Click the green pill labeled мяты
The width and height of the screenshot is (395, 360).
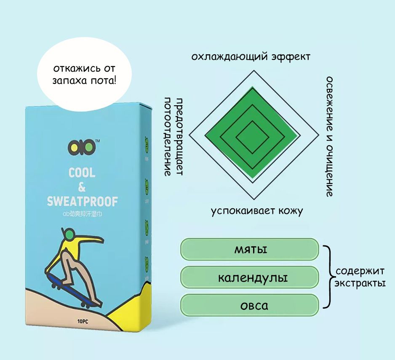tap(249, 249)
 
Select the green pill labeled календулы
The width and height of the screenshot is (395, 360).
tap(249, 277)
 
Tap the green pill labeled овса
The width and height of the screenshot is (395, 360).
tap(249, 305)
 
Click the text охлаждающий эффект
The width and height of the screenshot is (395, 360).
tap(251, 56)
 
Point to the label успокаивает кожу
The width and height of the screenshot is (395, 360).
tap(257, 211)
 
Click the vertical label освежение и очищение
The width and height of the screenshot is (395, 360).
tap(329, 137)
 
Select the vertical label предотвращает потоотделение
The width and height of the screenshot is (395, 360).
tap(173, 137)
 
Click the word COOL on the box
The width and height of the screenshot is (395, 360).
tap(82, 172)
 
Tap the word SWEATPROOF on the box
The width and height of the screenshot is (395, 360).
tap(82, 201)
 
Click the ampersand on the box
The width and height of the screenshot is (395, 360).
tap(82, 187)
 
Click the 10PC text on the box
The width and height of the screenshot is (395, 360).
tap(83, 321)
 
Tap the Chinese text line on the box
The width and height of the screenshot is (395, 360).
tap(82, 214)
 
